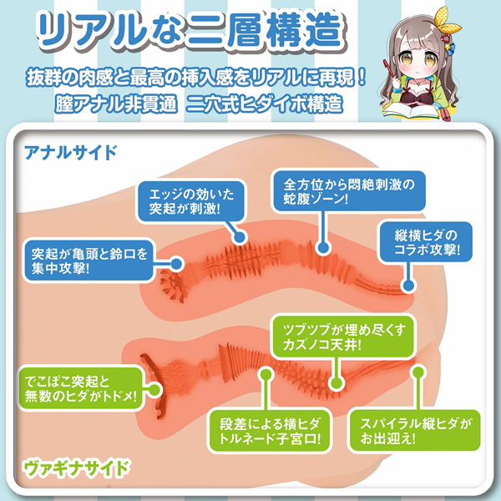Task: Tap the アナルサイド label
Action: coord(70,153)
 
